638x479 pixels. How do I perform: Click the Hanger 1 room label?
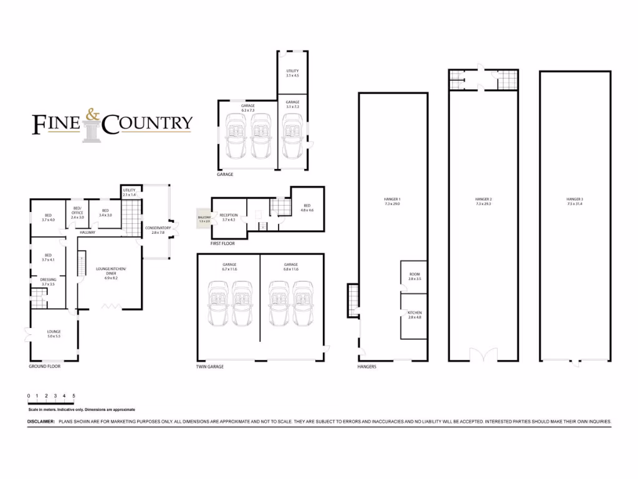(392, 200)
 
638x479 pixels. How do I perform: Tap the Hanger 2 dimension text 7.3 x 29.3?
(483, 204)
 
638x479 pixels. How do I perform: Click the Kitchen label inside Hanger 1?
(414, 312)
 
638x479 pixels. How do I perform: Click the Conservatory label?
(158, 228)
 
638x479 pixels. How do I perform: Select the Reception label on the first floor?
(228, 215)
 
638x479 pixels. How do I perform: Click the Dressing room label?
(48, 279)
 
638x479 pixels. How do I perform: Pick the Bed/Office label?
(77, 211)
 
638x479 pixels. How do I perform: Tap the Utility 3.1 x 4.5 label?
(292, 71)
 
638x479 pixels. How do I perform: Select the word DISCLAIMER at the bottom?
(42, 422)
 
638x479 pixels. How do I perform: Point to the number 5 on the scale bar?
(74, 396)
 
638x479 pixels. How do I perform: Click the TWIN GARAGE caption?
(209, 367)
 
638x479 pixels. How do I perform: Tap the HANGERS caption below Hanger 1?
(367, 367)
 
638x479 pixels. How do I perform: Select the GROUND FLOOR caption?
(44, 367)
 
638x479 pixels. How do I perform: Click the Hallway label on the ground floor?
(87, 233)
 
